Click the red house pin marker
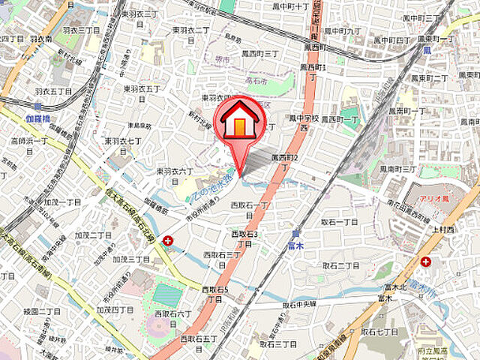click(238, 119)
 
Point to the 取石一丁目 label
click(340, 222)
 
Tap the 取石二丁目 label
click(341, 265)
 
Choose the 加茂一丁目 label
click(61, 202)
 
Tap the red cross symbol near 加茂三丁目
click(166, 241)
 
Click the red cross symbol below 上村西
click(427, 262)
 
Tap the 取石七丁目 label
click(379, 331)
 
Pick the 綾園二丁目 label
click(42, 310)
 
